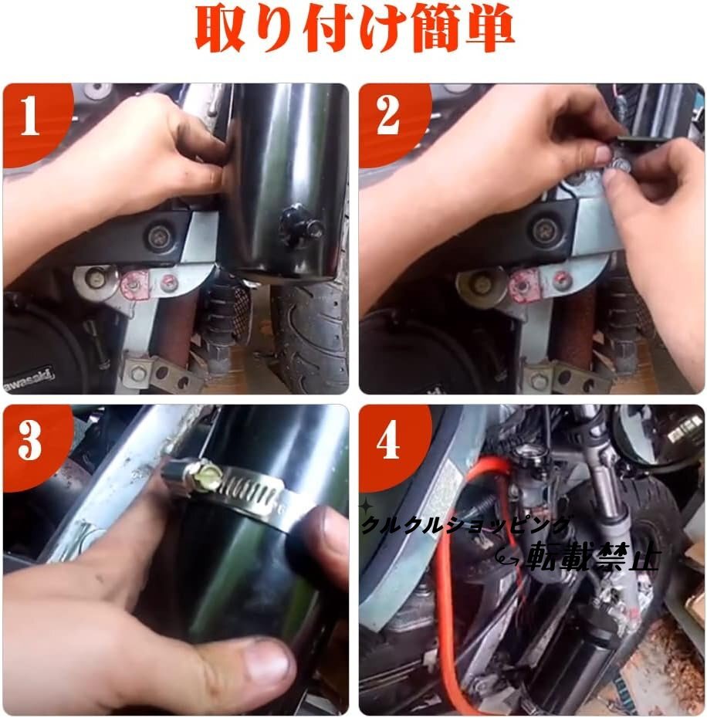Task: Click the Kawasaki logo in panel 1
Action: click(29, 380)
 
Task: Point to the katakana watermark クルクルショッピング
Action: click(466, 526)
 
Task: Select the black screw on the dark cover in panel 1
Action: click(158, 235)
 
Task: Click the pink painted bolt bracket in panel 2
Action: click(524, 285)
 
